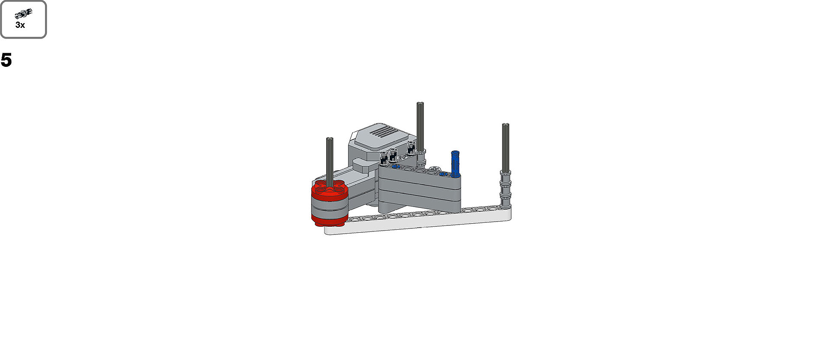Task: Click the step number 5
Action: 6,60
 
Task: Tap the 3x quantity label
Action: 20,25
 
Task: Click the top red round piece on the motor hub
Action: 329,190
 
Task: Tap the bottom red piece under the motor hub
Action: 329,221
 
